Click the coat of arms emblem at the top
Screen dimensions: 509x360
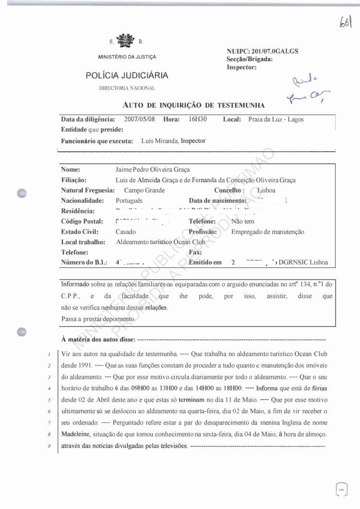[127, 40]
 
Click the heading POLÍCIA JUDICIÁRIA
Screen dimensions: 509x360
[127, 75]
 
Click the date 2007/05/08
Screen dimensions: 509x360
[139, 119]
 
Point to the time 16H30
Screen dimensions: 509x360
[198, 119]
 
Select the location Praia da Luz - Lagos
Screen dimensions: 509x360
[276, 120]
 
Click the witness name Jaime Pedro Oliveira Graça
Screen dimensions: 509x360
[153, 170]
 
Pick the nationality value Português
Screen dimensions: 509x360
[129, 201]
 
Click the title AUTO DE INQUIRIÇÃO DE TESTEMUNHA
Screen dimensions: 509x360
[194, 104]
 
